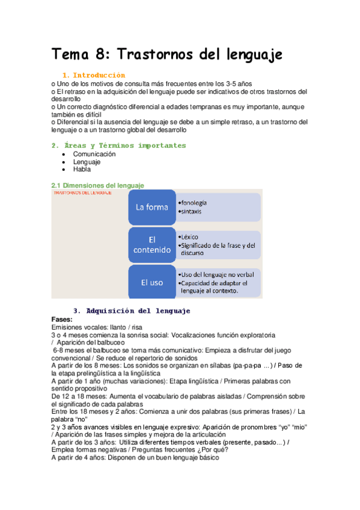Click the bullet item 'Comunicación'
[x=94, y=154]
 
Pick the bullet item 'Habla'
[x=82, y=170]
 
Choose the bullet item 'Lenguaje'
[x=87, y=162]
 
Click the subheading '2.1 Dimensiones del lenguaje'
[x=97, y=185]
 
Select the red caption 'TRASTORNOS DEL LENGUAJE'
[x=82, y=194]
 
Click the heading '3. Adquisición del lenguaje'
[x=132, y=311]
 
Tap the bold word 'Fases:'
[x=63, y=319]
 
